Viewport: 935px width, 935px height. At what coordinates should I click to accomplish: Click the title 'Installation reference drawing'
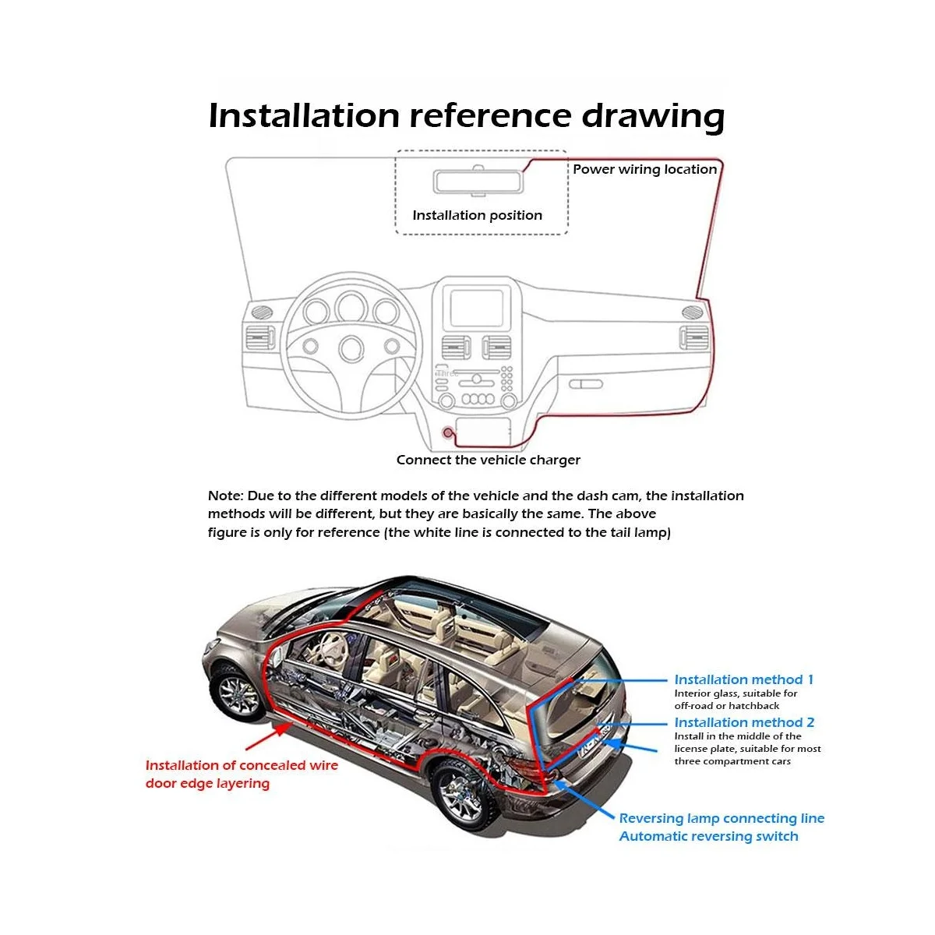coord(466,115)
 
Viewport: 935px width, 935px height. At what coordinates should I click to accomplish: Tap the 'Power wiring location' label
coord(644,170)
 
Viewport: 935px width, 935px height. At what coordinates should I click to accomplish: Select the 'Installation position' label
coord(477,216)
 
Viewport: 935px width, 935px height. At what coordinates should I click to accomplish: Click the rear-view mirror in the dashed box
coord(478,182)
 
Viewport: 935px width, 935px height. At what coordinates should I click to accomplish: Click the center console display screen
coord(477,307)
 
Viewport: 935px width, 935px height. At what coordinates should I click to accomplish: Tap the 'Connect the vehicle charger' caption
coord(488,460)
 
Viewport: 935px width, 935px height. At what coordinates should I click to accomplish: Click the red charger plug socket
coord(448,432)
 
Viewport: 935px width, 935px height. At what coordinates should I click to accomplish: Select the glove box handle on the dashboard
coord(585,384)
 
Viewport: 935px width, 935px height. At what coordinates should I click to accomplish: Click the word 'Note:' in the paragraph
coord(225,496)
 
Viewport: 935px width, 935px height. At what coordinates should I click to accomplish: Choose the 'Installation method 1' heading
coord(743,680)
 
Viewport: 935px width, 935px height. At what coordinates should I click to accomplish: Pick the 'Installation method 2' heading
coord(744,723)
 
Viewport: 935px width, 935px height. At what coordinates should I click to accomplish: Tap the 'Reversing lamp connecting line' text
coord(721,819)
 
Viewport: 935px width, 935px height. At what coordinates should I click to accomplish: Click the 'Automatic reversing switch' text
coord(708,837)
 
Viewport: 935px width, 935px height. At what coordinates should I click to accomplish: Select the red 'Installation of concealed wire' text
coord(242,766)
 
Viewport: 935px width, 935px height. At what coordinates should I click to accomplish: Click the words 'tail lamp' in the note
coord(638,533)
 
